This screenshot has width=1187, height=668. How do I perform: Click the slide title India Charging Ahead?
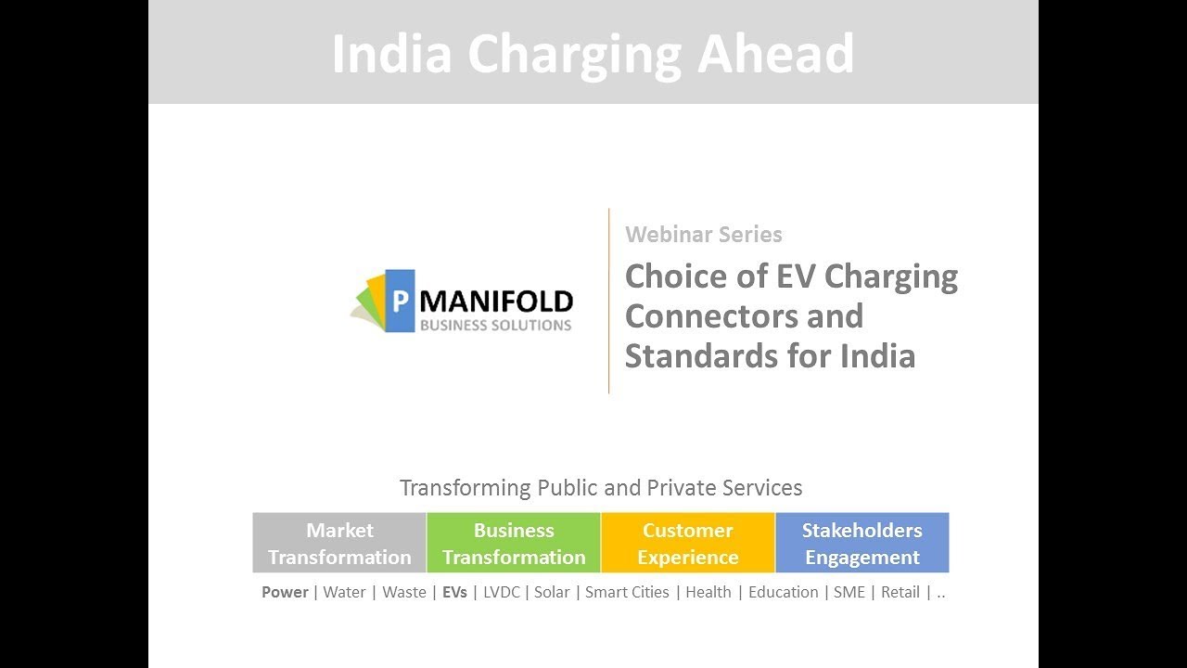pyautogui.click(x=593, y=53)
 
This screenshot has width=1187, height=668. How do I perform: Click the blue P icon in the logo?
pyautogui.click(x=400, y=301)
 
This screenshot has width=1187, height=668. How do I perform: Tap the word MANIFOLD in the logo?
pyautogui.click(x=496, y=302)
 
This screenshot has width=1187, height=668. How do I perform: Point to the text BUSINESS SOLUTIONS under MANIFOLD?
pyautogui.click(x=495, y=326)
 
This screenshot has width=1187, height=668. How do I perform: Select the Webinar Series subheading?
pyautogui.click(x=703, y=235)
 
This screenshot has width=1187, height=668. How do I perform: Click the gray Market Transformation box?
pyautogui.click(x=339, y=543)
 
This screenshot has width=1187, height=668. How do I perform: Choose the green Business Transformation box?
pyautogui.click(x=514, y=543)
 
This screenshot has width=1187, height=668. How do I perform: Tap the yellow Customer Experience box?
pyautogui.click(x=687, y=543)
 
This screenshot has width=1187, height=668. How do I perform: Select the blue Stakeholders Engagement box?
pyautogui.click(x=862, y=543)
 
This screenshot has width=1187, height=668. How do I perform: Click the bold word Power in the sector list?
pyautogui.click(x=285, y=592)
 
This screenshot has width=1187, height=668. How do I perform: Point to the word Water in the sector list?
pyautogui.click(x=344, y=592)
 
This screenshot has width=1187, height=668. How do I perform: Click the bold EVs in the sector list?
pyautogui.click(x=454, y=592)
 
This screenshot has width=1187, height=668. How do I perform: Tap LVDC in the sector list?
pyautogui.click(x=500, y=592)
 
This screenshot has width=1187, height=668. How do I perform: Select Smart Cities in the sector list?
pyautogui.click(x=627, y=592)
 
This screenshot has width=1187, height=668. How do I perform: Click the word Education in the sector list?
pyautogui.click(x=783, y=592)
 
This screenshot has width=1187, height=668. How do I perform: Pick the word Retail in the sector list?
pyautogui.click(x=900, y=592)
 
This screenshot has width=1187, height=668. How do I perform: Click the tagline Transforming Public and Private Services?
pyautogui.click(x=601, y=487)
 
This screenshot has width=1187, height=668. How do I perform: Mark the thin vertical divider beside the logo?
pyautogui.click(x=609, y=301)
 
